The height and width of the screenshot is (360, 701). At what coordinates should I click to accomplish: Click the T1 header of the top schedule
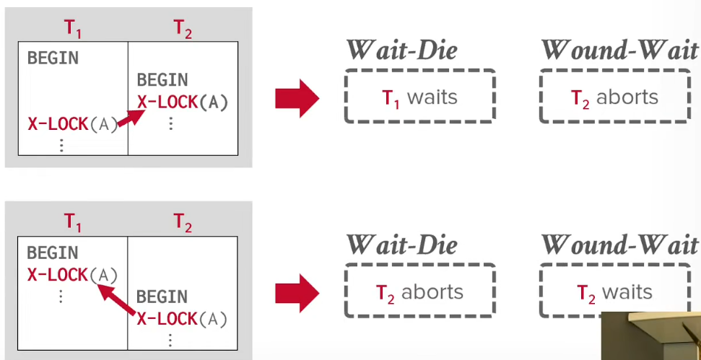pyautogui.click(x=73, y=30)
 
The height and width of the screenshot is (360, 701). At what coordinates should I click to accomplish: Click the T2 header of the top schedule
pyautogui.click(x=183, y=30)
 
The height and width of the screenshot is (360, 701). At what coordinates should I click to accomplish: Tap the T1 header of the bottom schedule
pyautogui.click(x=72, y=222)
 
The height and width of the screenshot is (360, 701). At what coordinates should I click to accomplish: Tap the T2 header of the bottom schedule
pyautogui.click(x=183, y=222)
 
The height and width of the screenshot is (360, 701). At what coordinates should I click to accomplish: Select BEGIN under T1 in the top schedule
pyautogui.click(x=53, y=58)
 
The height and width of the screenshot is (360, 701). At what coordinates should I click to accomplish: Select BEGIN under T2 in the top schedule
pyautogui.click(x=162, y=80)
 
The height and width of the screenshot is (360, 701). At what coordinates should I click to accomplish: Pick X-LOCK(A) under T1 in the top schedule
pyautogui.click(x=73, y=124)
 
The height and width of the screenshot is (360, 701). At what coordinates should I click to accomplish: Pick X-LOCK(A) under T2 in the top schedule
pyautogui.click(x=183, y=102)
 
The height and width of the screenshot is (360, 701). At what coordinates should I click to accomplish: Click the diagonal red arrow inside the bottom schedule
pyautogui.click(x=116, y=300)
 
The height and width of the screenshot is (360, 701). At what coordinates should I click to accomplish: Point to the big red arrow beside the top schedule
pyautogui.click(x=297, y=99)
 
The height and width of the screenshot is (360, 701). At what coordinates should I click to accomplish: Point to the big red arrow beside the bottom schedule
pyautogui.click(x=297, y=294)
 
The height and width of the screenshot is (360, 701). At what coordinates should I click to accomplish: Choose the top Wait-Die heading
pyautogui.click(x=402, y=50)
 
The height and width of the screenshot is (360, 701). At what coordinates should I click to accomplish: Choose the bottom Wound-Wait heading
pyautogui.click(x=619, y=245)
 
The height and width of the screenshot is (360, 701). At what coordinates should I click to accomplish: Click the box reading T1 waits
pyautogui.click(x=419, y=96)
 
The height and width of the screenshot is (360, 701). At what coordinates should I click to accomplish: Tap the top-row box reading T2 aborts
pyautogui.click(x=615, y=96)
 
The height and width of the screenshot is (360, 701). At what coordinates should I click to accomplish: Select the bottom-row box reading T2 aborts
pyautogui.click(x=419, y=291)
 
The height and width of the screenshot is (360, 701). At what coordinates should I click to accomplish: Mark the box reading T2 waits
pyautogui.click(x=615, y=291)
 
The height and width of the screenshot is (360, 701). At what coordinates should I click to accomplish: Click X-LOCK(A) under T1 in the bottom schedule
pyautogui.click(x=72, y=275)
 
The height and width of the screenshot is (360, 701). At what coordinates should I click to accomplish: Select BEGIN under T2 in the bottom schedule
pyautogui.click(x=162, y=297)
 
